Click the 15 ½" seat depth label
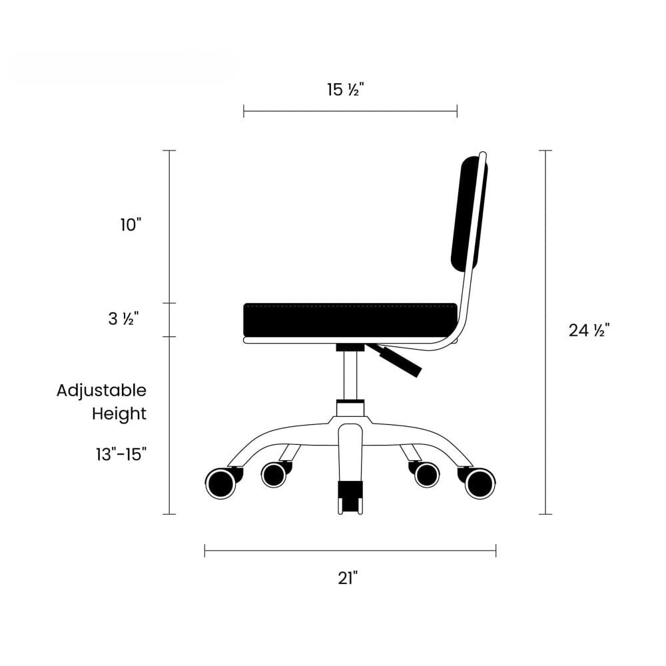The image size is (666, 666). tap(345, 90)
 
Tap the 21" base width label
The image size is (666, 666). tap(348, 578)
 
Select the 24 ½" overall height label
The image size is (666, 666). tap(589, 330)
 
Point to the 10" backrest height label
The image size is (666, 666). tap(130, 224)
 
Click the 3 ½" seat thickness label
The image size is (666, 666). tap(124, 318)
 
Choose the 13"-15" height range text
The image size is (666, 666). tap(121, 454)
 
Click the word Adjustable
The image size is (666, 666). tap(101, 391)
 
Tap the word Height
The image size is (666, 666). tap(119, 414)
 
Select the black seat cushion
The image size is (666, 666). tap(351, 320)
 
